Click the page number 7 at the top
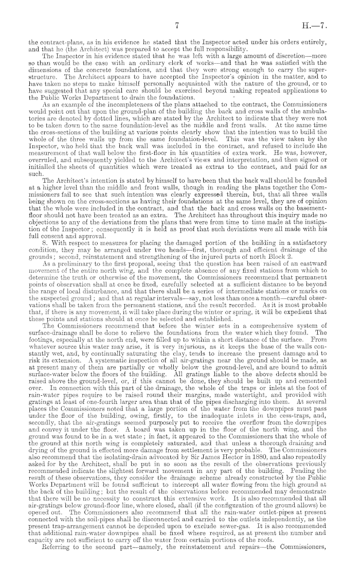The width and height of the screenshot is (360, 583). [x=176, y=24]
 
